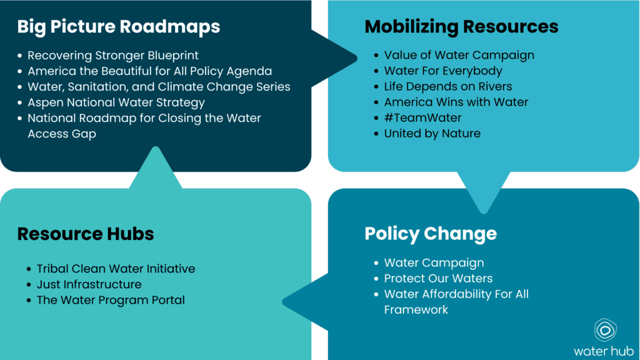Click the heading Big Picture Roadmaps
pyautogui.click(x=118, y=26)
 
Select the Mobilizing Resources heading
pyautogui.click(x=461, y=26)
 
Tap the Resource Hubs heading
pyautogui.click(x=85, y=234)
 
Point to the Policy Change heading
pyautogui.click(x=431, y=234)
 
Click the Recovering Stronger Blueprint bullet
pyautogui.click(x=113, y=56)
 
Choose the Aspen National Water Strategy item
pyautogui.click(x=116, y=102)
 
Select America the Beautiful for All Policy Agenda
pyautogui.click(x=149, y=71)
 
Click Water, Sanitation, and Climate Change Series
pyautogui.click(x=159, y=87)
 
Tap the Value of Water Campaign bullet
pyautogui.click(x=459, y=55)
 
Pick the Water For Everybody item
pyautogui.click(x=443, y=71)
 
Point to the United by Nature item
pyautogui.click(x=432, y=133)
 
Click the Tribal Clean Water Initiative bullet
pyautogui.click(x=116, y=269)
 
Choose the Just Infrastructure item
pyautogui.click(x=89, y=284)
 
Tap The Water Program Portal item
pyautogui.click(x=111, y=300)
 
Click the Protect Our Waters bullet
pyautogui.click(x=438, y=279)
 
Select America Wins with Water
pyautogui.click(x=456, y=102)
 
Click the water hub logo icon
pyautogui.click(x=605, y=329)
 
